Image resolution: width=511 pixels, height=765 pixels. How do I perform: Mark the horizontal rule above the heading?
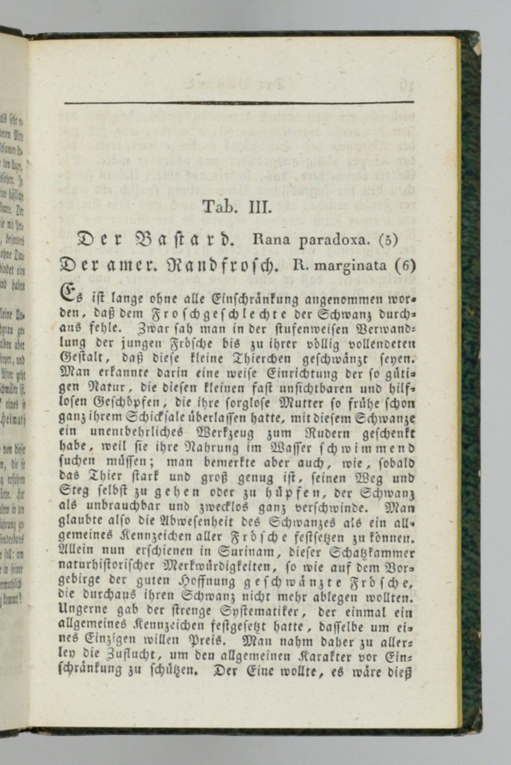[x=239, y=102]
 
